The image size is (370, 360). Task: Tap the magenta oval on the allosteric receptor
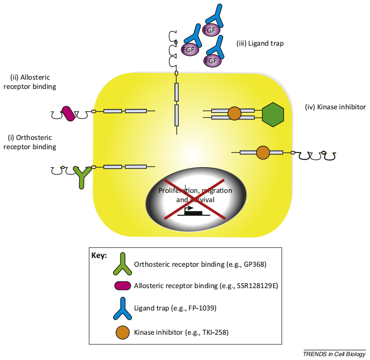tap(68, 113)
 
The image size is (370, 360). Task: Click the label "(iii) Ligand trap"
tap(260, 43)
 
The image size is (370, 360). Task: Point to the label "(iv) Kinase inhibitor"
tap(335, 106)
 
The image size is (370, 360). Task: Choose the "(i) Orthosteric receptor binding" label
tap(30, 142)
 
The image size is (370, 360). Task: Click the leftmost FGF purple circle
tap(187, 49)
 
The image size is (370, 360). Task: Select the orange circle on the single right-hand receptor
tap(262, 153)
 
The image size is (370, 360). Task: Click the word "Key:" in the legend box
tap(99, 255)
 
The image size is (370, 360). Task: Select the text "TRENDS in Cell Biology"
tap(334, 353)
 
